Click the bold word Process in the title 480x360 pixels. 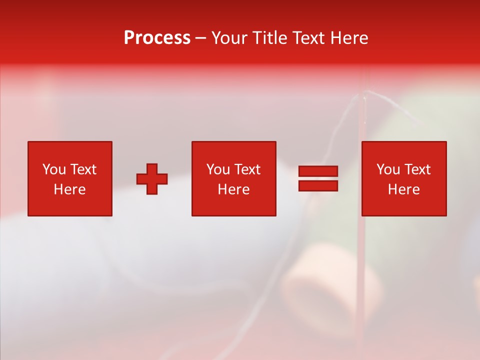click(x=157, y=38)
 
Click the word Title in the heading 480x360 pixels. click(x=269, y=38)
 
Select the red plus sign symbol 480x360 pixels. click(x=152, y=179)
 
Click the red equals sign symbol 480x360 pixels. click(x=318, y=178)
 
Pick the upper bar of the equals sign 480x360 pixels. click(x=318, y=171)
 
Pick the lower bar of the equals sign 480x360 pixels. click(x=318, y=185)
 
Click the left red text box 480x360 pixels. click(x=69, y=178)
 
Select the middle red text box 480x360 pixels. click(x=233, y=178)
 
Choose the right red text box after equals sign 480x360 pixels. click(x=403, y=178)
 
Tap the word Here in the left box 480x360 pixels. click(x=69, y=189)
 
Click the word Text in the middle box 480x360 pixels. click(x=247, y=169)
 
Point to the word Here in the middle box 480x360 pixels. click(x=233, y=189)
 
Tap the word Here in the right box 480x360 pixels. click(x=403, y=189)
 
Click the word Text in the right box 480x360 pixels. click(x=417, y=169)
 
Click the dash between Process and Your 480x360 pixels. click(x=201, y=38)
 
